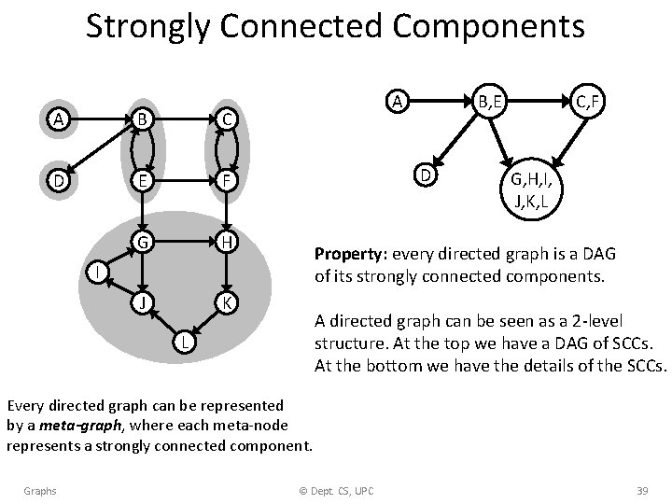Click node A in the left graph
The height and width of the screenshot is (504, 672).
(60, 119)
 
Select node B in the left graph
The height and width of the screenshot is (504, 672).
(142, 119)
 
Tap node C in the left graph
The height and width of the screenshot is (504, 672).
(224, 119)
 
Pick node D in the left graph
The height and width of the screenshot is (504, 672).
(60, 180)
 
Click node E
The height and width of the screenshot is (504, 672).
(142, 180)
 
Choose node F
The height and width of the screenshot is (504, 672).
(224, 180)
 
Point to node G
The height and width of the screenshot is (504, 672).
(142, 243)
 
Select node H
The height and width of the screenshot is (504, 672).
(224, 243)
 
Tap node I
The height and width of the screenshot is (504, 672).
(95, 273)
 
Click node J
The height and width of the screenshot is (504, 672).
(142, 303)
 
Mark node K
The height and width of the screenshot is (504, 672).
(224, 303)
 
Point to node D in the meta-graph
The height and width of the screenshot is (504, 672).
(425, 175)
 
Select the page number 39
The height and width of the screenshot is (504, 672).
(641, 491)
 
